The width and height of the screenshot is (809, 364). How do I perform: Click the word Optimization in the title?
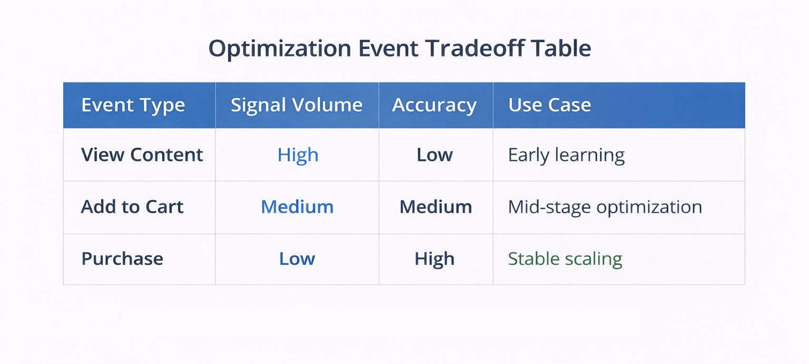(x=280, y=49)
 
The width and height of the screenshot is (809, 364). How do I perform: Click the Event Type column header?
(x=133, y=105)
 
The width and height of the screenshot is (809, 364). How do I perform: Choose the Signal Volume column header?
(x=297, y=105)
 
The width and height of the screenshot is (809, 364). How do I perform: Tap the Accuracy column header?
(x=434, y=105)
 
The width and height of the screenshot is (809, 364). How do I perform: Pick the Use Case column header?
(x=549, y=105)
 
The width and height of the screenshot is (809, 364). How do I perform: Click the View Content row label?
(x=142, y=155)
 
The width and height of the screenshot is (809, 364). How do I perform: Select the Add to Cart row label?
(x=132, y=207)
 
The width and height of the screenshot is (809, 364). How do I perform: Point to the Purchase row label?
(x=122, y=259)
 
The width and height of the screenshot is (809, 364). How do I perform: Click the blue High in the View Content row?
(x=298, y=155)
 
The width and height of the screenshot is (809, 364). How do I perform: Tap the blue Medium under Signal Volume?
(x=297, y=207)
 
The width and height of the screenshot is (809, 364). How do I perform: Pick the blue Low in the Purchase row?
(x=297, y=259)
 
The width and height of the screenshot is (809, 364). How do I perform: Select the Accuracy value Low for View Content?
(x=435, y=155)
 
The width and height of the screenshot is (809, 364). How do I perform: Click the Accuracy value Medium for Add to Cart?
(x=436, y=207)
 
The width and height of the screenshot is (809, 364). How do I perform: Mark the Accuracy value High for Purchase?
(x=435, y=259)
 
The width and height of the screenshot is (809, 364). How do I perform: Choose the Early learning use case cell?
(x=566, y=155)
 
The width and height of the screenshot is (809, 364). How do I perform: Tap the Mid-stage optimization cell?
(x=605, y=207)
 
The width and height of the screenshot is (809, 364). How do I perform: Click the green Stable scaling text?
(x=565, y=259)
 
